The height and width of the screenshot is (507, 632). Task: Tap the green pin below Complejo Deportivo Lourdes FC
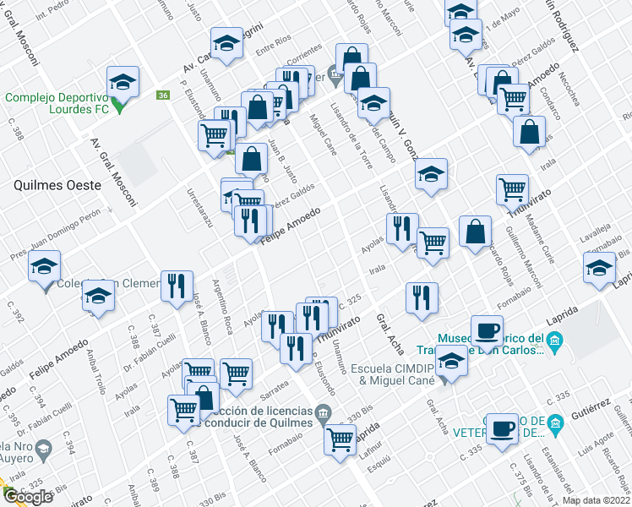pos(119,107)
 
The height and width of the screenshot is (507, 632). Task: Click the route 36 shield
pos(162,95)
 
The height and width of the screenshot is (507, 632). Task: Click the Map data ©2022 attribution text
pos(596,500)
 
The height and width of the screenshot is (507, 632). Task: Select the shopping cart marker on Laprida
pos(340,438)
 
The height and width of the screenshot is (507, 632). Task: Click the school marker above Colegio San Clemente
pos(44,266)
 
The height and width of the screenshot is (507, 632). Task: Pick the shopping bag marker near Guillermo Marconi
pos(476,232)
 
